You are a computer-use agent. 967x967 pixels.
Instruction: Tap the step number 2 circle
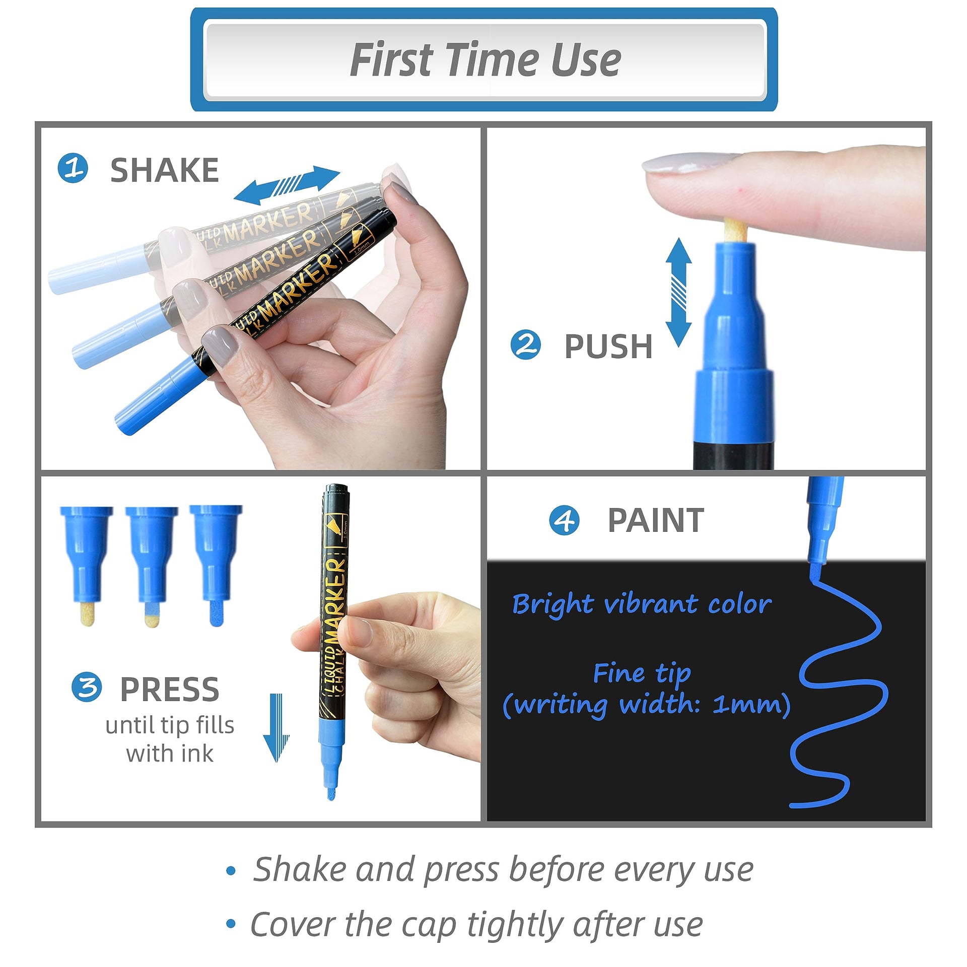click(526, 345)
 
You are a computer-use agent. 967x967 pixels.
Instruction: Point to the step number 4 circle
click(564, 520)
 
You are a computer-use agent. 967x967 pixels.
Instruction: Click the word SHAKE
click(165, 170)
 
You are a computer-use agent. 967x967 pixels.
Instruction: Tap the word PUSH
click(608, 347)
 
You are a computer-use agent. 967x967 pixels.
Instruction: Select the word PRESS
click(170, 689)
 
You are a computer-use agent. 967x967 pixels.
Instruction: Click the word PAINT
click(656, 520)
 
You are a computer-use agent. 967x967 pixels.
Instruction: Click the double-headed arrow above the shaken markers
click(287, 185)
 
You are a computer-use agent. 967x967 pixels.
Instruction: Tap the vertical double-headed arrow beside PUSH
click(678, 292)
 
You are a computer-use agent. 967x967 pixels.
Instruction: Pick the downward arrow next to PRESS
click(277, 728)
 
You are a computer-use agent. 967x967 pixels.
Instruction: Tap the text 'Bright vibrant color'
click(642, 604)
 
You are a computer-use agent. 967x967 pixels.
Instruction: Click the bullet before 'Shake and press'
click(231, 870)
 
